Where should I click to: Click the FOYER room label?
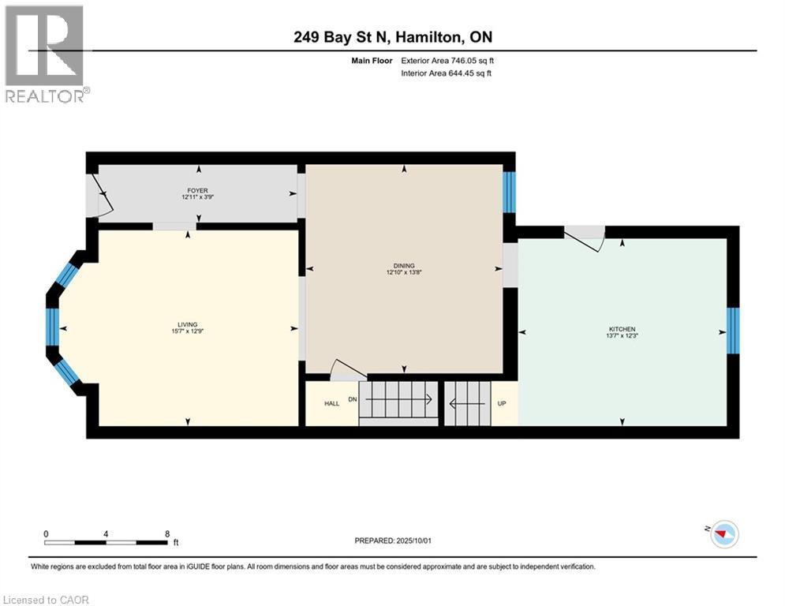coord(197,190)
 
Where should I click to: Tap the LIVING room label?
coord(187,324)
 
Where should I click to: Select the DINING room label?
coord(404,266)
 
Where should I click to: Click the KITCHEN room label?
coord(622,329)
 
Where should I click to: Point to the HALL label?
coord(331,403)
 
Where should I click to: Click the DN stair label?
coord(353,399)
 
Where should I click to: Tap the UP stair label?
coord(502,403)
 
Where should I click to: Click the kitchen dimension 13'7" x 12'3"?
coord(622,336)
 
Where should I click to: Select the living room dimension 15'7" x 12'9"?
coord(187,331)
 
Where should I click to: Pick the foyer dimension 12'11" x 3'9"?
coord(197,197)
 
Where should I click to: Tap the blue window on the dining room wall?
coord(509,192)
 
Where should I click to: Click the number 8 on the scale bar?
coord(167,533)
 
